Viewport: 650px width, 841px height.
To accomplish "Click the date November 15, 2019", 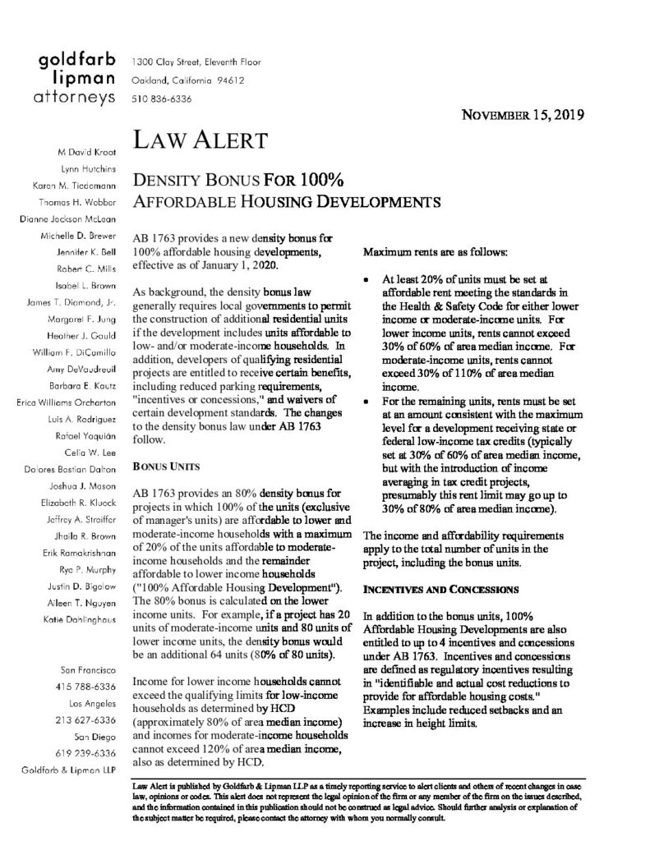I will tap(523, 115).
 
